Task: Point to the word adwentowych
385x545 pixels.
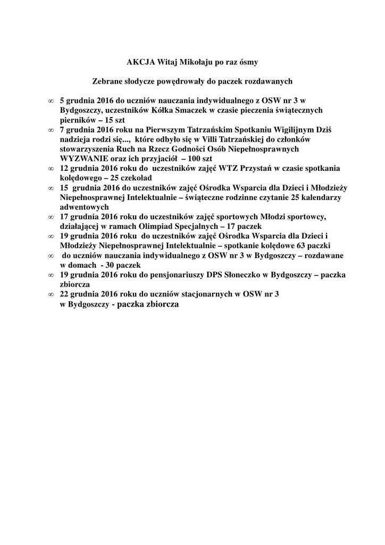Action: click(85, 207)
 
